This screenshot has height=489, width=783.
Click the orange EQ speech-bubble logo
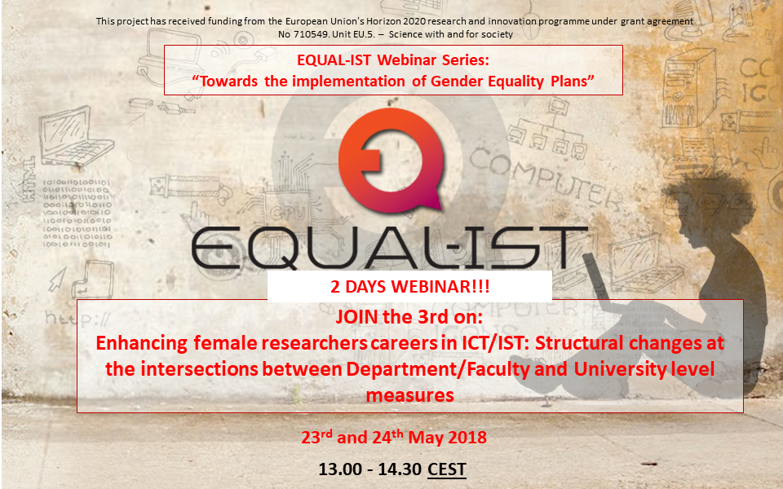390,160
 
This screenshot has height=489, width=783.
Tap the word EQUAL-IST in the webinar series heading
334,59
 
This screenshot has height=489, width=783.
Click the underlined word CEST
447,469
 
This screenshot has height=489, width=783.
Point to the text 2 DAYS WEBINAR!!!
410,287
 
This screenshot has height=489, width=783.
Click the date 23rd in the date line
316,437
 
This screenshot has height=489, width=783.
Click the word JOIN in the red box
357,317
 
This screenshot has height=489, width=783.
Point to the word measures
410,395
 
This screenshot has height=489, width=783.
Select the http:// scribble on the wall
77,317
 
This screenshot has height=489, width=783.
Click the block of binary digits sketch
77,214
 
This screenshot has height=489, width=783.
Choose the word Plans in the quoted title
568,81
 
